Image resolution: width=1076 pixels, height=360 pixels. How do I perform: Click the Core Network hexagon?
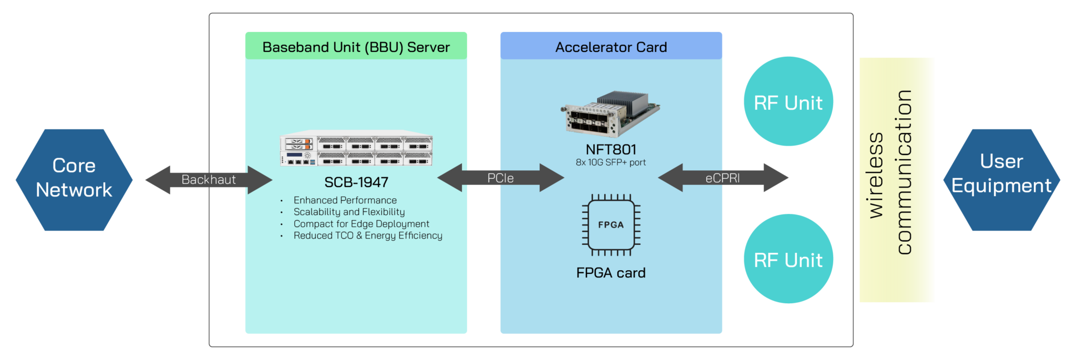coord(74,180)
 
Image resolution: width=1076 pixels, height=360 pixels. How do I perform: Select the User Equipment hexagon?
coord(1001,180)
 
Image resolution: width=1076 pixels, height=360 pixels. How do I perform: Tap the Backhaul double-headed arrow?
coord(209,180)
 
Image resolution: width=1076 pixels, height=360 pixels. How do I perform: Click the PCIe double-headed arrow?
coord(500,178)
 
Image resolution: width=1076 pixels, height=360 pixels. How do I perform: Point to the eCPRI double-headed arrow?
coord(723,178)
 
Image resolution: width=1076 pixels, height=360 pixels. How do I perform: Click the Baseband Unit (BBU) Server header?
coord(356,46)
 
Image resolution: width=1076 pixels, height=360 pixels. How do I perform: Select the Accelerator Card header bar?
coord(611,46)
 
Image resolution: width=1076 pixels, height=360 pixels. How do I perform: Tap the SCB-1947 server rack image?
coord(356,150)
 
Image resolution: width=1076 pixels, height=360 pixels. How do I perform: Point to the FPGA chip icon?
coord(611,225)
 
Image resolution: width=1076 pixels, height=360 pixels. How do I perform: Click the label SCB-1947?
coord(356,182)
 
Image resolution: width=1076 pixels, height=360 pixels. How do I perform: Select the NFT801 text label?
coord(611,150)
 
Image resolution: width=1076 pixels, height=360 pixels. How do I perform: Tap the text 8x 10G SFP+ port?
coord(611,162)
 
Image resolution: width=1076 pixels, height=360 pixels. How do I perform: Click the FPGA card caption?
coord(611,273)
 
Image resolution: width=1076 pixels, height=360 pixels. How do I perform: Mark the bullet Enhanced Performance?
coord(345,200)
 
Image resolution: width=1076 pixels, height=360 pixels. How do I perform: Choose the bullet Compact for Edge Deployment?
coord(361,224)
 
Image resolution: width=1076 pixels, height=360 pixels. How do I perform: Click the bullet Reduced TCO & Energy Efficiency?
coord(367,235)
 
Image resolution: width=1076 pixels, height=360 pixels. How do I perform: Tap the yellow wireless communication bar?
coord(897,180)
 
